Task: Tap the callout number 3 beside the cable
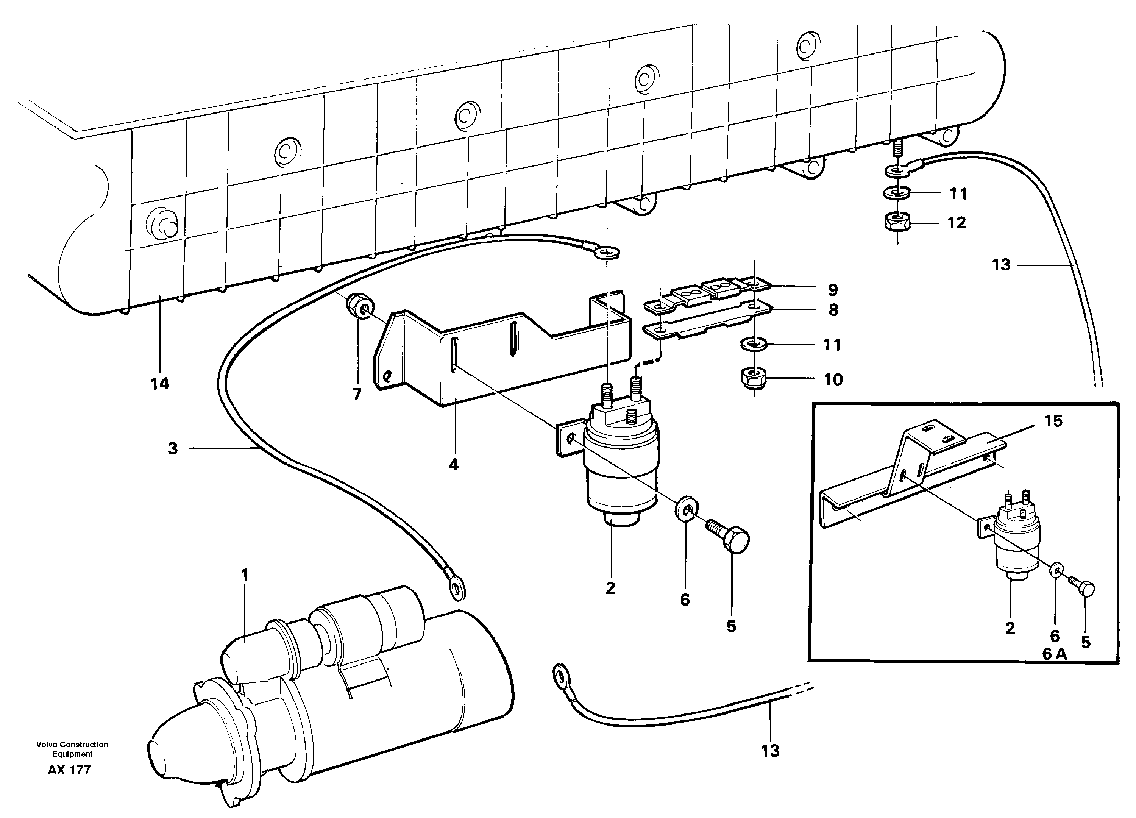tap(172, 448)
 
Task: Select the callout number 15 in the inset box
tap(1053, 421)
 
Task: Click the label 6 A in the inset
tap(1054, 654)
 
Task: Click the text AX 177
tap(70, 770)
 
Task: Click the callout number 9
tap(832, 290)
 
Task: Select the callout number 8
tap(833, 310)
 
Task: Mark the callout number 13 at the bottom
tap(770, 751)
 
